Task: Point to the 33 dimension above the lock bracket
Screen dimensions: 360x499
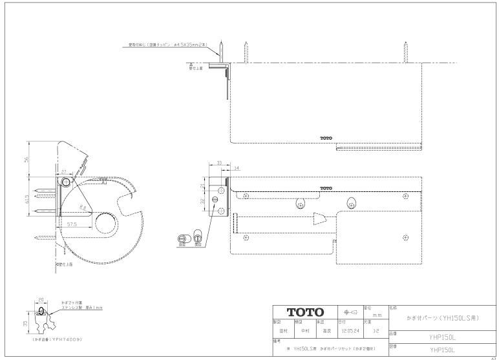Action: click(219, 163)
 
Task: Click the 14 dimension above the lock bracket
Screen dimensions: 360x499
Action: click(237, 168)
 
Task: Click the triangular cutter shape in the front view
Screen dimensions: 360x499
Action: click(318, 220)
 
